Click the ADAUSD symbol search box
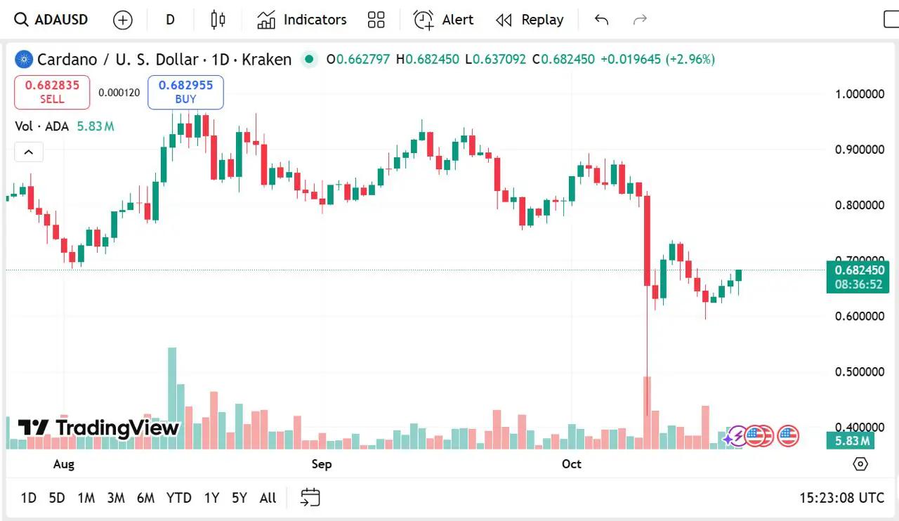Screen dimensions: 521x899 click(52, 20)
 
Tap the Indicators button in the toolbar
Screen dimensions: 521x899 click(302, 20)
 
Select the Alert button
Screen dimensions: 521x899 click(443, 20)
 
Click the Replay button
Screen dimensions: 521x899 click(530, 20)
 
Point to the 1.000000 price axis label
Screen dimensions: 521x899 click(859, 94)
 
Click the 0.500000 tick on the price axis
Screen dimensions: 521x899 click(859, 371)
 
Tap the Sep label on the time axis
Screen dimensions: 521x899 click(322, 464)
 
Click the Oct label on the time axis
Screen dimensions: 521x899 click(572, 464)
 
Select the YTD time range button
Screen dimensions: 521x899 click(178, 498)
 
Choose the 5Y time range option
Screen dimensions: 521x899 click(239, 498)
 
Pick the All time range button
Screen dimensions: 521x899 click(268, 498)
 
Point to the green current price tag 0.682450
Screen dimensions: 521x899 click(858, 270)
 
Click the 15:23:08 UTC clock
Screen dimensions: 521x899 click(841, 498)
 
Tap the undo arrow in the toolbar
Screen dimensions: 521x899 click(601, 20)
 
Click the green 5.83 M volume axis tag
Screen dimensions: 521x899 click(850, 441)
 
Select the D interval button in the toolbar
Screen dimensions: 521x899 click(170, 20)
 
